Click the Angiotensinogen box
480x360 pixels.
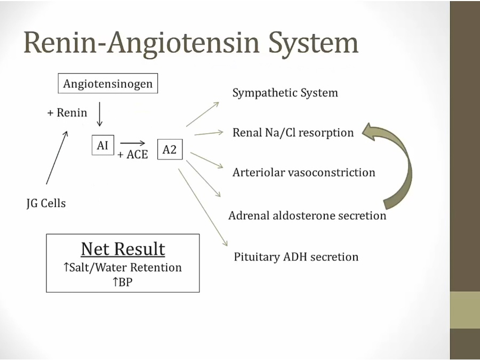click(x=108, y=84)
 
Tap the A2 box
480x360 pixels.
click(x=170, y=150)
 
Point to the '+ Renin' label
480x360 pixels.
click(x=67, y=113)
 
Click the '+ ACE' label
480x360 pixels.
click(x=133, y=155)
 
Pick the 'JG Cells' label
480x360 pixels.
click(x=46, y=203)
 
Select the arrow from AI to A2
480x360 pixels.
click(x=132, y=143)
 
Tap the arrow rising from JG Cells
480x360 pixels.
click(x=57, y=158)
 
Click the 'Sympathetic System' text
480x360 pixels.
click(x=285, y=93)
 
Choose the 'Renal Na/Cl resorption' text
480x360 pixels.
click(x=293, y=133)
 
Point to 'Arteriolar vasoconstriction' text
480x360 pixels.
click(x=303, y=173)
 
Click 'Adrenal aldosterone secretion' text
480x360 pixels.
click(x=307, y=215)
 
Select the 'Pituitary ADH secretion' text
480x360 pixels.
click(x=296, y=257)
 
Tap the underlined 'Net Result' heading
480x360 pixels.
click(x=123, y=249)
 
